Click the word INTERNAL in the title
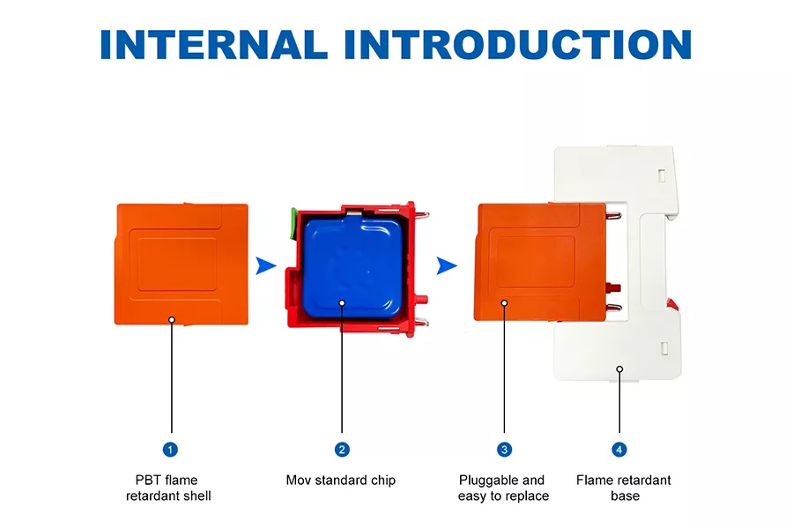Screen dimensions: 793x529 (214, 45)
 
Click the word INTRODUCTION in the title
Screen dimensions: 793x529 (518, 45)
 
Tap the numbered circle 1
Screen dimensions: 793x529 (170, 450)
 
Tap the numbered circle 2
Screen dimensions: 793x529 (342, 450)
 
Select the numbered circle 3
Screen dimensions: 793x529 (504, 450)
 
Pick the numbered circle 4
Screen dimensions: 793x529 (619, 450)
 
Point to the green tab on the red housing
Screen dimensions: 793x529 (293, 222)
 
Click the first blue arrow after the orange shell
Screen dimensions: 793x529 (266, 265)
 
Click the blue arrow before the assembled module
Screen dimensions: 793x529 (447, 265)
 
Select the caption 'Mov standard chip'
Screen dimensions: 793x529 (341, 480)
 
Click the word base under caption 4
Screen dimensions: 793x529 (625, 495)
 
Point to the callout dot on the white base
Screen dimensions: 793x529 (619, 369)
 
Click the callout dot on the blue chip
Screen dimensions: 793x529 (342, 302)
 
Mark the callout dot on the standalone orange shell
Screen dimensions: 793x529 (172, 320)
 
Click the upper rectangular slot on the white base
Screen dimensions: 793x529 (662, 175)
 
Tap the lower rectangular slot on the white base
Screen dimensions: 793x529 (664, 348)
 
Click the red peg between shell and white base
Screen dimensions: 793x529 (613, 287)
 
